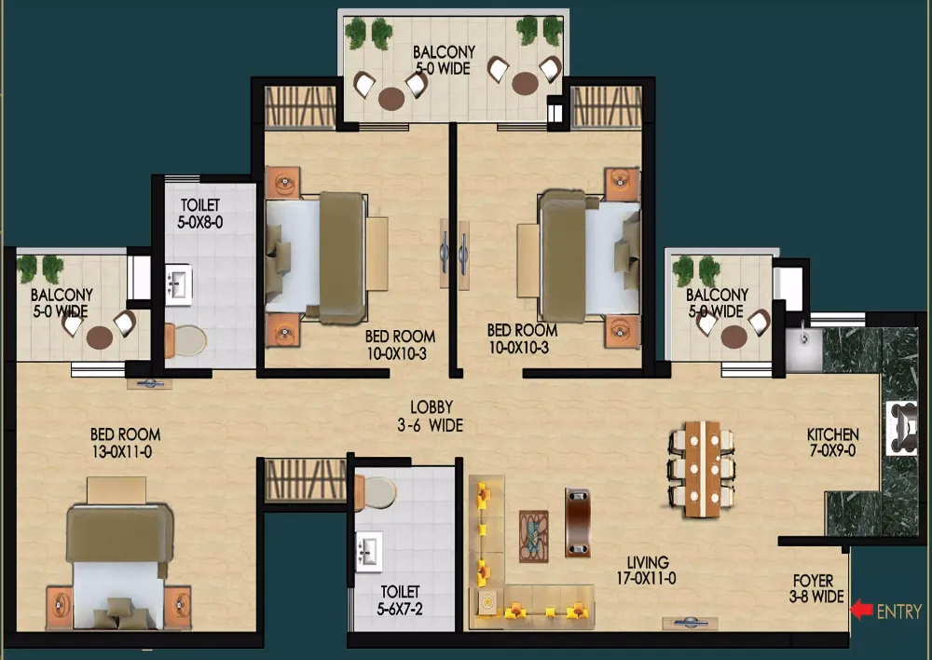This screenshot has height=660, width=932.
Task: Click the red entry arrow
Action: (x=861, y=610)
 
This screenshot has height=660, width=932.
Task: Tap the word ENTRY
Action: (x=899, y=612)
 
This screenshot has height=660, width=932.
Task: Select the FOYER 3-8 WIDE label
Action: (x=816, y=588)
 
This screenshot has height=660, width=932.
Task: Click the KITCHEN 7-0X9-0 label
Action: (x=832, y=443)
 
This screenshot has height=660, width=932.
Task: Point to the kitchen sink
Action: (x=803, y=348)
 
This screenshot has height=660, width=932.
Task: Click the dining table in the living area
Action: (x=702, y=469)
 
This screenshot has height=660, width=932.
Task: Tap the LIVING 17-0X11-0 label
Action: (x=647, y=571)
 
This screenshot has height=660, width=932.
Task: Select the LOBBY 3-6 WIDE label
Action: (x=431, y=416)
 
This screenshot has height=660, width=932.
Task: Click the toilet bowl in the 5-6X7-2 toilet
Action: (x=376, y=492)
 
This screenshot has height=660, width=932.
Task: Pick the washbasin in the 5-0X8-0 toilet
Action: (x=178, y=285)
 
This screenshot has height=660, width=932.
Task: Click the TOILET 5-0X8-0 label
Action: (x=200, y=213)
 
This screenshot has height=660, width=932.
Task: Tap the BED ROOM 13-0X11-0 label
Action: (x=125, y=443)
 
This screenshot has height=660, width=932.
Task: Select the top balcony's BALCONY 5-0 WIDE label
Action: (x=444, y=60)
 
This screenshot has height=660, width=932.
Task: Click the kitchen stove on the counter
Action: (x=902, y=428)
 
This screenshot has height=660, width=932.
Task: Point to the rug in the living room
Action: (x=534, y=536)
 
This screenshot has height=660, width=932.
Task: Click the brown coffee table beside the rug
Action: (x=577, y=523)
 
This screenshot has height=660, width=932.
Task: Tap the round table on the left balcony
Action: (x=100, y=337)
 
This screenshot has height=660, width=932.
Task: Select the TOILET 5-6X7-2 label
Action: (x=400, y=600)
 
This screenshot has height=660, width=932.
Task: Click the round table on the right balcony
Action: (x=734, y=337)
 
